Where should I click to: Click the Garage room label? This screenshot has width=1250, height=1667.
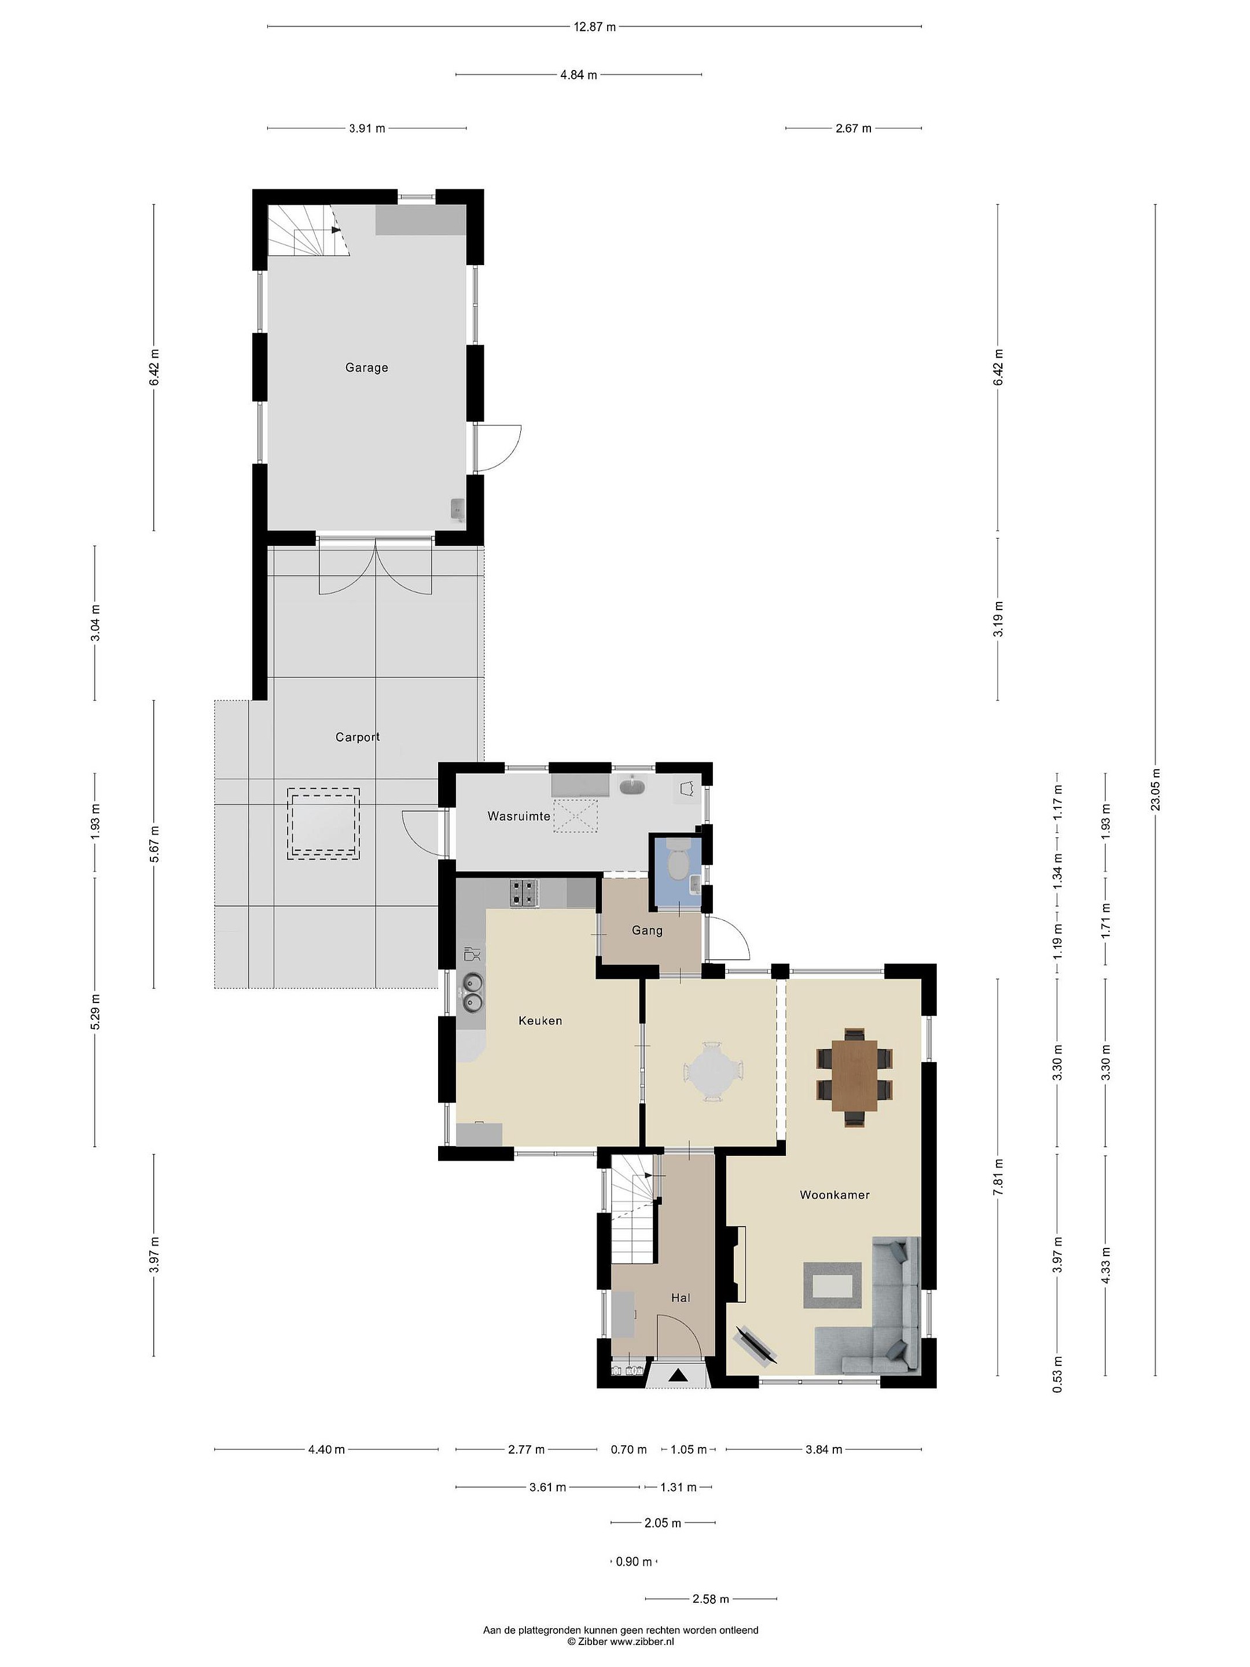point(366,368)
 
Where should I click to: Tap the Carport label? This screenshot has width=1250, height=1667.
point(357,737)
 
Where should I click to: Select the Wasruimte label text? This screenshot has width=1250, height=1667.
point(519,816)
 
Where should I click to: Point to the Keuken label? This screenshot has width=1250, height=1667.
point(541,1020)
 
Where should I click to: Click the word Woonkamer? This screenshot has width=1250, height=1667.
point(835,1195)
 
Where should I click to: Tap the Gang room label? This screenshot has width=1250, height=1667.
point(647,931)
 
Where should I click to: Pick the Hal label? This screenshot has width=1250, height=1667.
point(681,1298)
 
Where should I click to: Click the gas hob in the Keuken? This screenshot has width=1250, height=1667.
point(524,893)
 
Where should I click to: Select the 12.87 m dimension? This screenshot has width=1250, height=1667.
point(594,27)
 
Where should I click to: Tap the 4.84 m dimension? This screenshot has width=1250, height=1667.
point(579,75)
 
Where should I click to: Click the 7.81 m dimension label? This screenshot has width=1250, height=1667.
point(998,1176)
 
